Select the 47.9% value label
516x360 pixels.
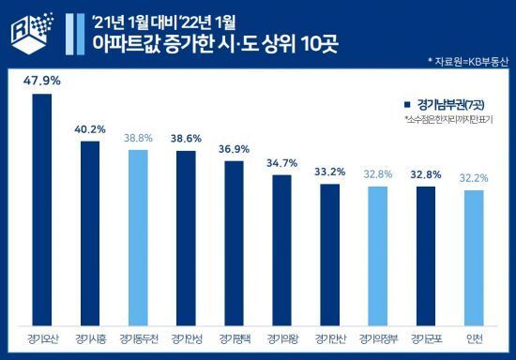click(42, 82)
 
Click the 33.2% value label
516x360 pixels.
click(329, 172)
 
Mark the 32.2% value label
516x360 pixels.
click(474, 177)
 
